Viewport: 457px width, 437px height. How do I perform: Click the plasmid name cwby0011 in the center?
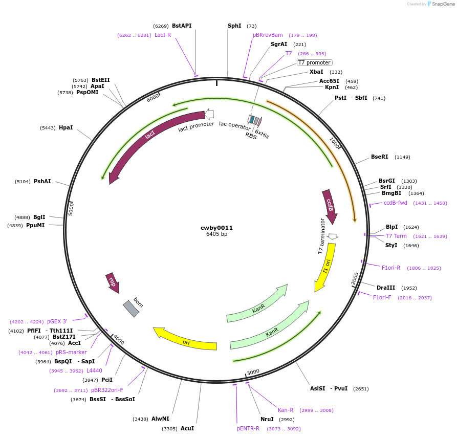coord(216,228)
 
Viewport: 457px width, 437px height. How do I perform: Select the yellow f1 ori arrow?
coord(326,266)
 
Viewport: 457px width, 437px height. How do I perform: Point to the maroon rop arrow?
coord(112,282)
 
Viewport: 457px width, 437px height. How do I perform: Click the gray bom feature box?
coord(131,309)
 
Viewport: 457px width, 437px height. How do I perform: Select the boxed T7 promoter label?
coord(314,63)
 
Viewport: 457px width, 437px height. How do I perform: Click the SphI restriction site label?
coord(234,26)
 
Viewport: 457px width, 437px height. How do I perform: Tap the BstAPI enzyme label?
coord(182,26)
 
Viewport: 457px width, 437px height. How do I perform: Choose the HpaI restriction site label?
coord(66,127)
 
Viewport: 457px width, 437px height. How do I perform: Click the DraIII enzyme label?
coord(385,288)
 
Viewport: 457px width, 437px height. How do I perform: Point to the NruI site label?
coord(267,419)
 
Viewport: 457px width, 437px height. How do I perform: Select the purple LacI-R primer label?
coord(163,35)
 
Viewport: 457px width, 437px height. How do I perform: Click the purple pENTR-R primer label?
coord(248,428)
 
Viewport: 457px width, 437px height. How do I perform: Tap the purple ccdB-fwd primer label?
coord(396,203)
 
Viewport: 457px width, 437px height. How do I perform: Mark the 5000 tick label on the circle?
coord(71,208)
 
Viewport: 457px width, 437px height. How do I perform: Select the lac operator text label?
coord(235,124)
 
